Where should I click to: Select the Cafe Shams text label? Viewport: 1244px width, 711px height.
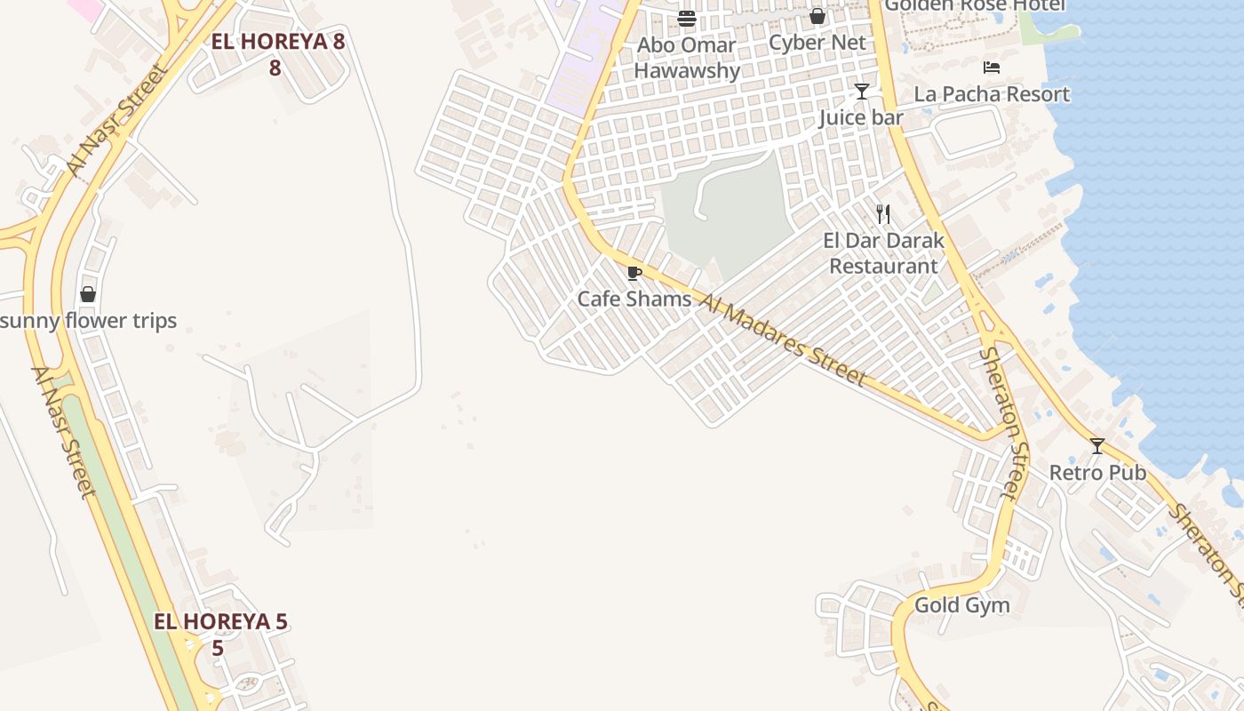click(634, 299)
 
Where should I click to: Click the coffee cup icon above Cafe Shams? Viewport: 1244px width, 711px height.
click(634, 273)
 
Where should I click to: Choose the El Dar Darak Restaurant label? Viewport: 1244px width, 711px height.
click(883, 253)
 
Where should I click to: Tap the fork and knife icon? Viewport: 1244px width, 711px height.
click(883, 214)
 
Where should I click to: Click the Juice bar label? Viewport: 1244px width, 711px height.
click(860, 117)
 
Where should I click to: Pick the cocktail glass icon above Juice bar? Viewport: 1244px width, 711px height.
click(861, 92)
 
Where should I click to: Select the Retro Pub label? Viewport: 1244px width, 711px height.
click(1097, 472)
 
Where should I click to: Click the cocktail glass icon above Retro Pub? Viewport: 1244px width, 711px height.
click(1097, 446)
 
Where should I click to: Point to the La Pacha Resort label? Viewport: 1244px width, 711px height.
click(992, 94)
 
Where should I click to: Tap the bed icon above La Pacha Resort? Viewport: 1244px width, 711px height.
click(992, 68)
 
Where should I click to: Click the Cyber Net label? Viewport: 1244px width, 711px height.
click(817, 43)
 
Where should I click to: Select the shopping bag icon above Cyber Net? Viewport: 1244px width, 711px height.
click(817, 17)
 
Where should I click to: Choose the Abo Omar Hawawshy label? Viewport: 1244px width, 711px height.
click(687, 58)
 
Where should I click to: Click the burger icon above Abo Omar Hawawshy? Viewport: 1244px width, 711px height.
click(687, 19)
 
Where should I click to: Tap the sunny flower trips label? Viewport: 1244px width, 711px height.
click(88, 321)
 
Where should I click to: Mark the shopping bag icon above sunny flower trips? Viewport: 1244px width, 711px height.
click(88, 294)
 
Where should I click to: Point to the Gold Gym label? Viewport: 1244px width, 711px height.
click(961, 605)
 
